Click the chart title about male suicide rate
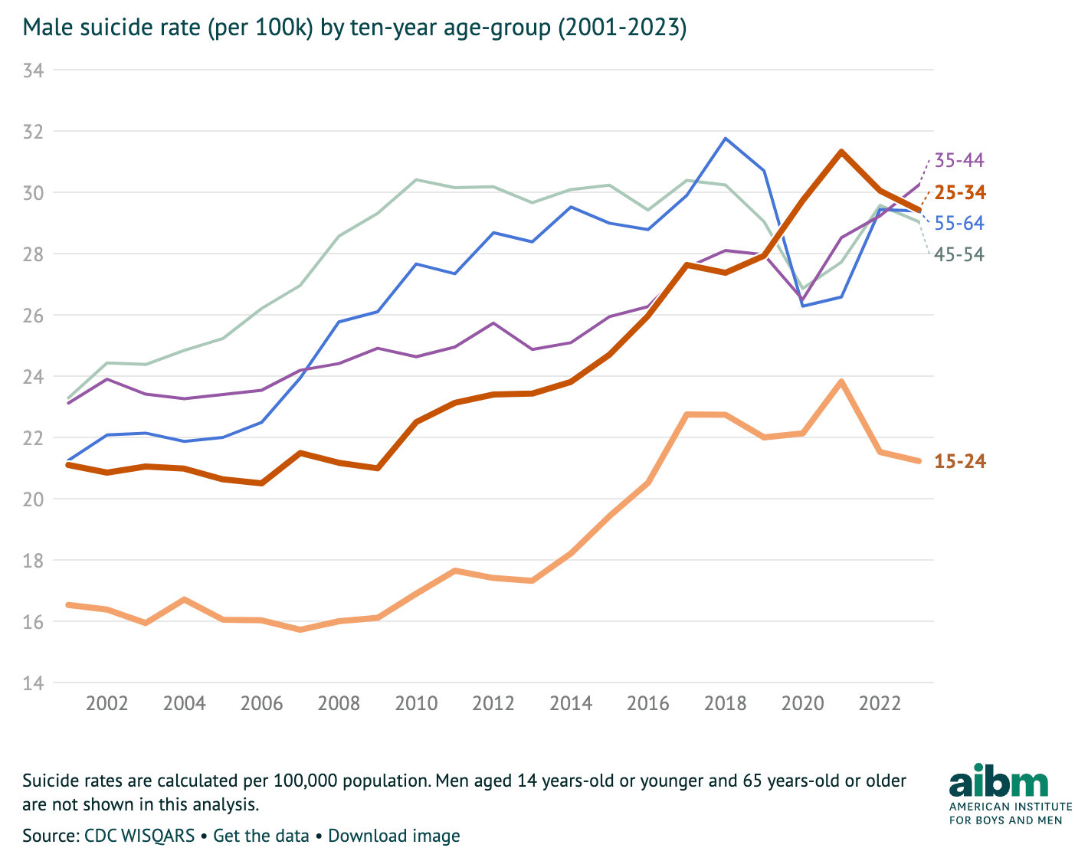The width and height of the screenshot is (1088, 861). (x=354, y=28)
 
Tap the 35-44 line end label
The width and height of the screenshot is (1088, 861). (x=959, y=161)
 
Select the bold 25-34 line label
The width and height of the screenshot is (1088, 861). (x=959, y=192)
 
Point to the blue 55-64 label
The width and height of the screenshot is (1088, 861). (x=959, y=224)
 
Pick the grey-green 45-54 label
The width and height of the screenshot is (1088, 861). (x=959, y=254)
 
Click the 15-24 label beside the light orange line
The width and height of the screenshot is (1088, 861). (x=959, y=461)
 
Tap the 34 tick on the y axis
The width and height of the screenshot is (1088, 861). (x=34, y=70)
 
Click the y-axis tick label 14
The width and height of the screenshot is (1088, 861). (x=34, y=683)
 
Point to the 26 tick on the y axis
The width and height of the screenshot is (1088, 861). (x=34, y=316)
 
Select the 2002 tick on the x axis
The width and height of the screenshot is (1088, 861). (x=107, y=703)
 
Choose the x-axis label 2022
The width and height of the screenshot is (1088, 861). (x=880, y=703)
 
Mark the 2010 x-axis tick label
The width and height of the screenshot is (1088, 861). (x=416, y=703)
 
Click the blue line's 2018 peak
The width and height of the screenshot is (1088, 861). (x=725, y=139)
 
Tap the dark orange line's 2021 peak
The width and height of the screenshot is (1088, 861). (x=841, y=152)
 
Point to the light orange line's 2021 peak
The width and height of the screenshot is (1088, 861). (x=841, y=381)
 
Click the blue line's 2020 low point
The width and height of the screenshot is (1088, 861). (x=802, y=306)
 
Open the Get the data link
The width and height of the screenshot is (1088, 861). (x=261, y=836)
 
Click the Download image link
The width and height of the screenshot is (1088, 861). (x=394, y=836)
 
